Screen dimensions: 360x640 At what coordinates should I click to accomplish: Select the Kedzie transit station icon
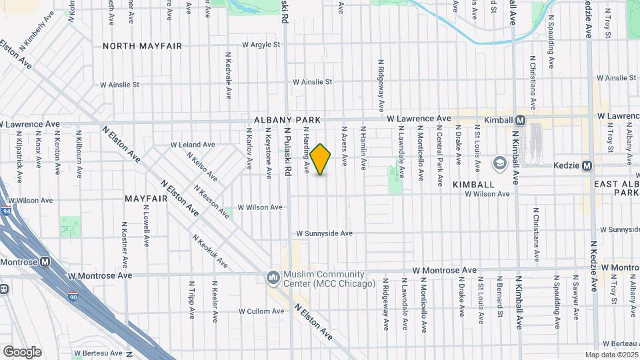pyautogui.click(x=587, y=165)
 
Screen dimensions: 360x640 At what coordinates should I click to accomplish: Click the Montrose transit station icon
pyautogui.click(x=45, y=262)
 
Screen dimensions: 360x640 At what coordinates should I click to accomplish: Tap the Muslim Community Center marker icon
pyautogui.click(x=272, y=277)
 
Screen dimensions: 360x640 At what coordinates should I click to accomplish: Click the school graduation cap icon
pyautogui.click(x=499, y=163)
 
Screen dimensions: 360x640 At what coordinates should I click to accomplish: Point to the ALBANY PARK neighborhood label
pyautogui.click(x=287, y=120)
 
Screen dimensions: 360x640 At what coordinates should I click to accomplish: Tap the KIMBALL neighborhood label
pyautogui.click(x=473, y=184)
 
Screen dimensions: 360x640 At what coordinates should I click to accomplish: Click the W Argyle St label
pyautogui.click(x=261, y=45)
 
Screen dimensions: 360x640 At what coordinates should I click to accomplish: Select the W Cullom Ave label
pyautogui.click(x=261, y=311)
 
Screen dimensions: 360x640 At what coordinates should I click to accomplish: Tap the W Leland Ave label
pyautogui.click(x=193, y=144)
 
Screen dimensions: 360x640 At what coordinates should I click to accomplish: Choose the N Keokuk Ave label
pyautogui.click(x=210, y=251)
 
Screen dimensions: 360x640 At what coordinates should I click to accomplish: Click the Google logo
pyautogui.click(x=22, y=351)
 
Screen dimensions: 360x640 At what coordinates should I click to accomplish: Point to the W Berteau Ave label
pyautogui.click(x=98, y=353)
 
